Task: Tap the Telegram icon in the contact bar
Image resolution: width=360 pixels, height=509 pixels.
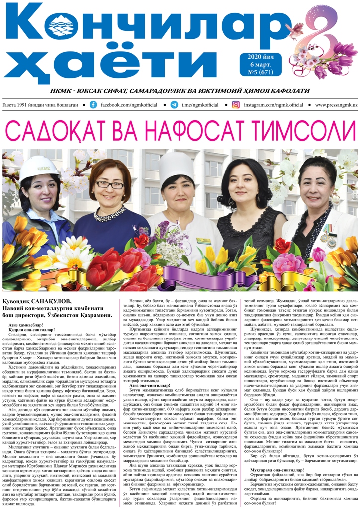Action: (174, 105)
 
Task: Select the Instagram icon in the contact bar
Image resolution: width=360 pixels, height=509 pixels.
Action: (236, 105)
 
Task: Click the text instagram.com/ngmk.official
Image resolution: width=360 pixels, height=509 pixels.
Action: (275, 105)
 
